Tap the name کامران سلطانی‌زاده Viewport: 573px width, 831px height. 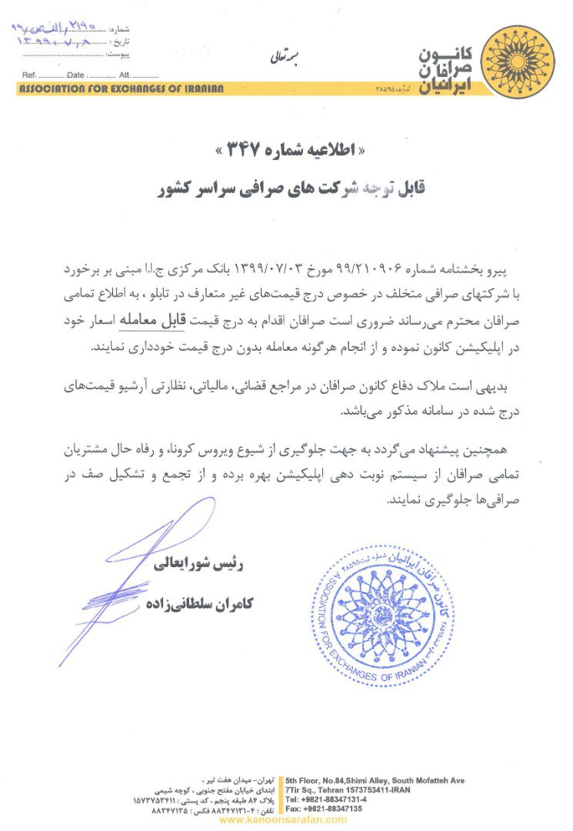pyautogui.click(x=198, y=604)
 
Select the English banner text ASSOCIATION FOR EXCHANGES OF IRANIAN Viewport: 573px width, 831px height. pyautogui.click(x=122, y=88)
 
